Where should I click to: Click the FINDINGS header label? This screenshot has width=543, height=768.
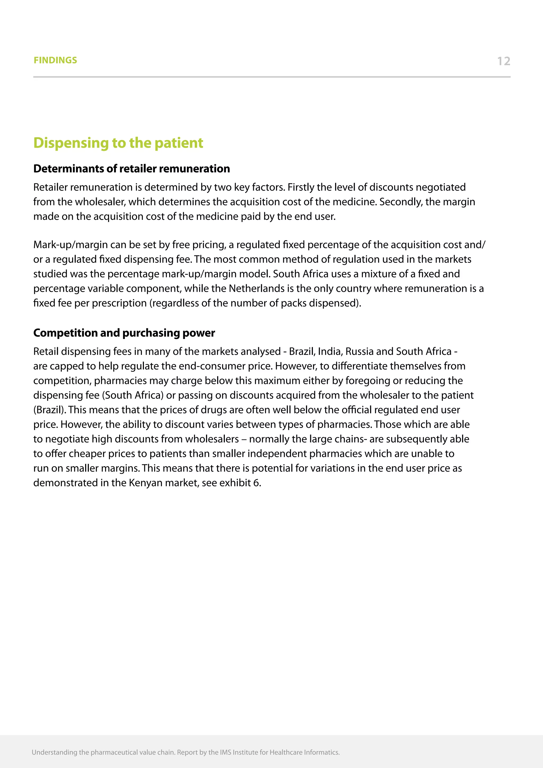[55, 60]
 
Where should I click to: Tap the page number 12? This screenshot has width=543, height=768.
[503, 61]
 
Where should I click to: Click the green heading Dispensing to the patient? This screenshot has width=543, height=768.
[118, 143]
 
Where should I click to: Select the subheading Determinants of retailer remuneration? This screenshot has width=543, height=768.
[132, 169]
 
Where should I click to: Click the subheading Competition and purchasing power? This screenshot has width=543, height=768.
[124, 333]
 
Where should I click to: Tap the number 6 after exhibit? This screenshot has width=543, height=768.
[256, 483]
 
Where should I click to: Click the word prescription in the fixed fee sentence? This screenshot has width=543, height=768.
[119, 303]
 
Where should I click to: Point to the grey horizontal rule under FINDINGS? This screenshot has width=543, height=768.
[271, 77]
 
